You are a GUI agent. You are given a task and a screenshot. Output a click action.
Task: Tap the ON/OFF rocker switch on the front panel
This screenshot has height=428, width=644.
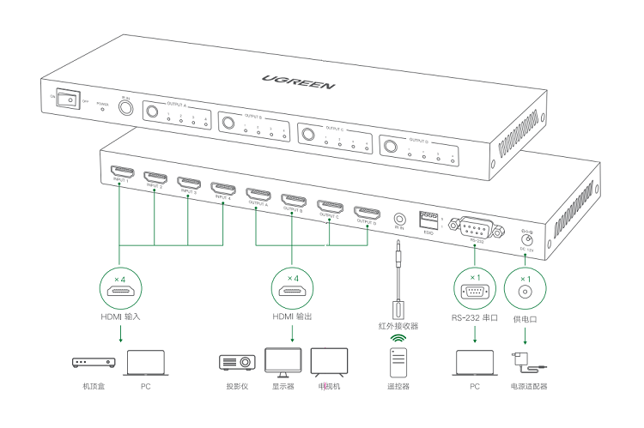tap(69, 99)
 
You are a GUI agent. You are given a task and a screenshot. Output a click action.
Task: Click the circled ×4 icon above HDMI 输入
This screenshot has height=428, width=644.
tap(120, 287)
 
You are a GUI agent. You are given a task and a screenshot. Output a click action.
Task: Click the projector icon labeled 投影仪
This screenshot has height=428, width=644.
tap(238, 362)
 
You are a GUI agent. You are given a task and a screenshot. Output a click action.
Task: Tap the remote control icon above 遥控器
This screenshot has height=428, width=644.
tap(398, 362)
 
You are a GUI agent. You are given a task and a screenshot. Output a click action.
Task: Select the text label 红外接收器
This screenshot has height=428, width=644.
tap(398, 326)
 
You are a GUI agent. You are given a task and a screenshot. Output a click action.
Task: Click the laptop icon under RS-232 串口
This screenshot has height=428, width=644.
tap(474, 362)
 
